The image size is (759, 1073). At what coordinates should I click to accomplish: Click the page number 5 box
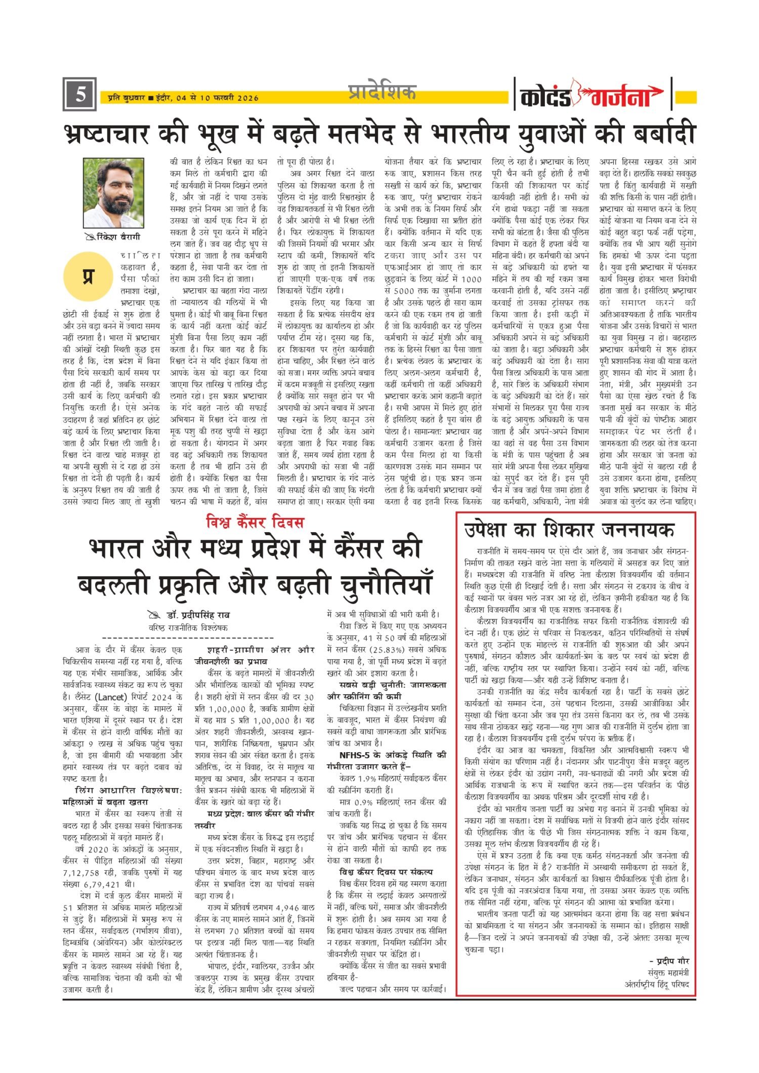pos(79,95)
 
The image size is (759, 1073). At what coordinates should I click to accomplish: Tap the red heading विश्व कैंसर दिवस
pos(255,522)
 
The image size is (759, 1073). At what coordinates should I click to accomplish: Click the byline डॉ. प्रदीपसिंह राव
pos(198,615)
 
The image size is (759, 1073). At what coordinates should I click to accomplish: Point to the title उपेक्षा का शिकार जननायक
pos(569,530)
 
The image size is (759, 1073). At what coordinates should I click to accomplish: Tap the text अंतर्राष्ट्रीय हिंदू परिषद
pos(657,984)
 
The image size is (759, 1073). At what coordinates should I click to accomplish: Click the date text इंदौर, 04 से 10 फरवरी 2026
pos(207,98)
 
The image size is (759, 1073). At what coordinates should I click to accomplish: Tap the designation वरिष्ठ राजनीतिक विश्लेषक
pos(188,627)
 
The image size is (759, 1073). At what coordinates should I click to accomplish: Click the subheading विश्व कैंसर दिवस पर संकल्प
pos(386,872)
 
